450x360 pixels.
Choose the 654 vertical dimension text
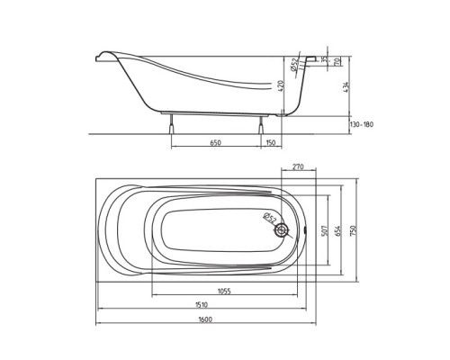[338, 229]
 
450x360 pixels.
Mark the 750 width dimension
[354, 230]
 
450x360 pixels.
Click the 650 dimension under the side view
[215, 142]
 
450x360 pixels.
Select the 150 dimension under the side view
[270, 142]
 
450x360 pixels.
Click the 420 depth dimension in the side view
[280, 86]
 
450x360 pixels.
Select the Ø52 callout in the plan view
[269, 217]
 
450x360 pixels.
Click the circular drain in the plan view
[284, 230]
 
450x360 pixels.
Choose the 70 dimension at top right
[336, 62]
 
